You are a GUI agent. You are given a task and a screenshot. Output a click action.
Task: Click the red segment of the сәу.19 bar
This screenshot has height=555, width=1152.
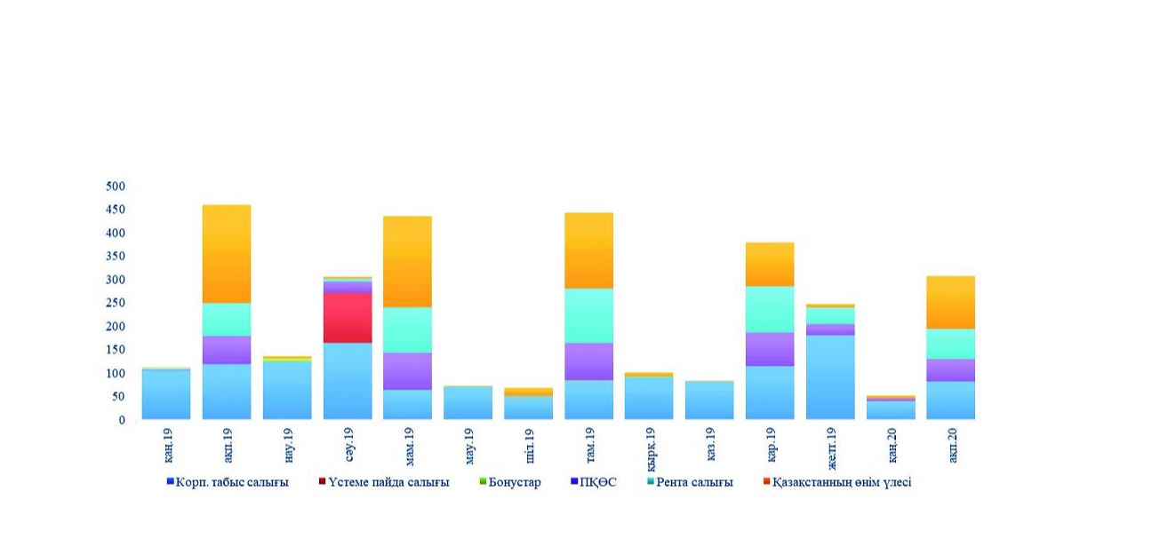coord(348,317)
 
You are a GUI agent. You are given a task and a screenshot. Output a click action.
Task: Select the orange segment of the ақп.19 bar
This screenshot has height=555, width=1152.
coord(227,254)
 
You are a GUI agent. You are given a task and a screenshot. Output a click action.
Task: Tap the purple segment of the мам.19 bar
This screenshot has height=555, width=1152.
coord(407,371)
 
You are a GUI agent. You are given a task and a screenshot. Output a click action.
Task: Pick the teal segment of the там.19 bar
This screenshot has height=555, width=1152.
coord(588,315)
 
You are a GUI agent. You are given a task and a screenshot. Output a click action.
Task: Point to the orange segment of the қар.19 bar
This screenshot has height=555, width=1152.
coord(770,265)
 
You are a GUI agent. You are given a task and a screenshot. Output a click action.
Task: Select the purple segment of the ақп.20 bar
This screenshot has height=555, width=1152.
coord(950,370)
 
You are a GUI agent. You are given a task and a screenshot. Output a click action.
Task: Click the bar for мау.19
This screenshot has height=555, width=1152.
coord(468,402)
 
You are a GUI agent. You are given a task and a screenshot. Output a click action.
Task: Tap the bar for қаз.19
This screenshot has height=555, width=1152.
coord(709,400)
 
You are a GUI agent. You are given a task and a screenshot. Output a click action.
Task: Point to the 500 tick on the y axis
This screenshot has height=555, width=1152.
coord(116,186)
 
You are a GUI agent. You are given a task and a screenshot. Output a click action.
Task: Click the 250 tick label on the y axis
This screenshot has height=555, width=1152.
coord(116,303)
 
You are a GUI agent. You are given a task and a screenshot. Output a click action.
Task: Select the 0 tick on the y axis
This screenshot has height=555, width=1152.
coord(122,420)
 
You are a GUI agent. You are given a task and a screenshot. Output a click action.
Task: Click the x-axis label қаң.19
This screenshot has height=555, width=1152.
coord(167,445)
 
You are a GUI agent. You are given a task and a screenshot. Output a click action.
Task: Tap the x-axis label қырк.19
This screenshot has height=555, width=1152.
coord(650,448)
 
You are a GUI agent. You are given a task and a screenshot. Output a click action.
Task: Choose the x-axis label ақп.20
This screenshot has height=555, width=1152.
coord(951,445)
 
